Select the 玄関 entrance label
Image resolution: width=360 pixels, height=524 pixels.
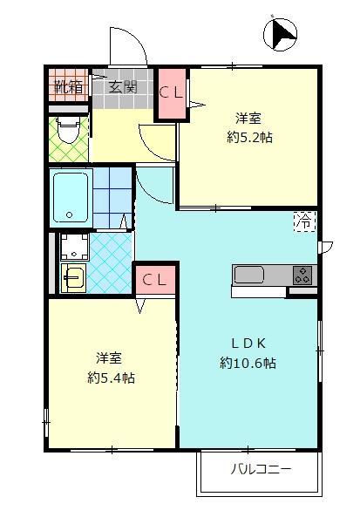click(x=124, y=86)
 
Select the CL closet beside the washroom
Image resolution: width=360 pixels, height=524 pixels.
click(x=154, y=280)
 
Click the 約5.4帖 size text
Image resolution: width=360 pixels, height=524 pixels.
click(x=112, y=378)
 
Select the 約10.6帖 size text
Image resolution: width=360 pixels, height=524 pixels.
click(x=248, y=363)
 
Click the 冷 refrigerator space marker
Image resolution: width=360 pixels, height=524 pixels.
click(x=305, y=221)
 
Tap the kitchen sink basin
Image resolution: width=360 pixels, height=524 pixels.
click(x=249, y=275)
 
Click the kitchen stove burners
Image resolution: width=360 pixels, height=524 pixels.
click(x=302, y=274)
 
